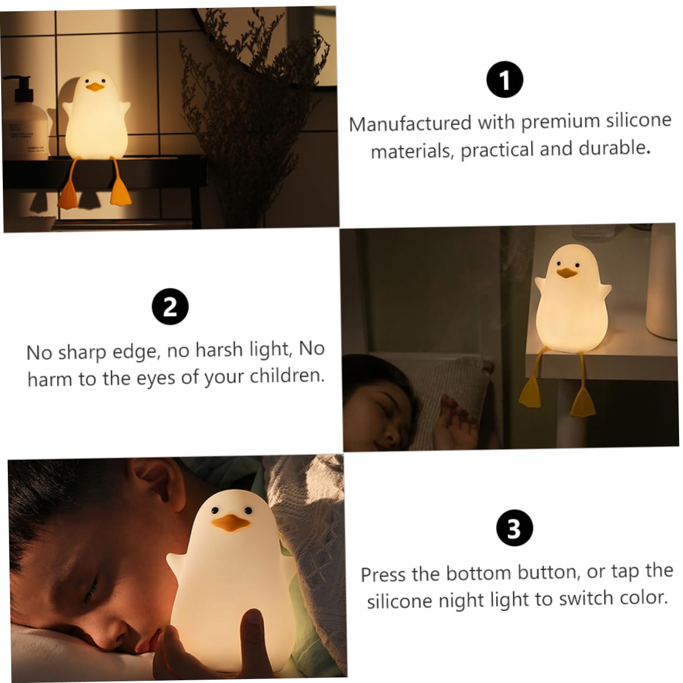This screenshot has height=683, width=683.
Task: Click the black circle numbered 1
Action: click(x=505, y=79)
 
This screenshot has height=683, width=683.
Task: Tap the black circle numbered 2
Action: click(x=170, y=307)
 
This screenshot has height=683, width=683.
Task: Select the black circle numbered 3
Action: click(x=514, y=528)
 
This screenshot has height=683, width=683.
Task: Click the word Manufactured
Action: click(x=411, y=124)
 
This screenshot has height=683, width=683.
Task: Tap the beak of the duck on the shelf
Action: click(x=567, y=272)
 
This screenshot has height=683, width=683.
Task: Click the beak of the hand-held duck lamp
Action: click(x=230, y=522)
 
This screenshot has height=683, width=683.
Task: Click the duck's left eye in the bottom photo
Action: click(x=214, y=510)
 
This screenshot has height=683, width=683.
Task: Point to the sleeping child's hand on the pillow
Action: click(x=457, y=423)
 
